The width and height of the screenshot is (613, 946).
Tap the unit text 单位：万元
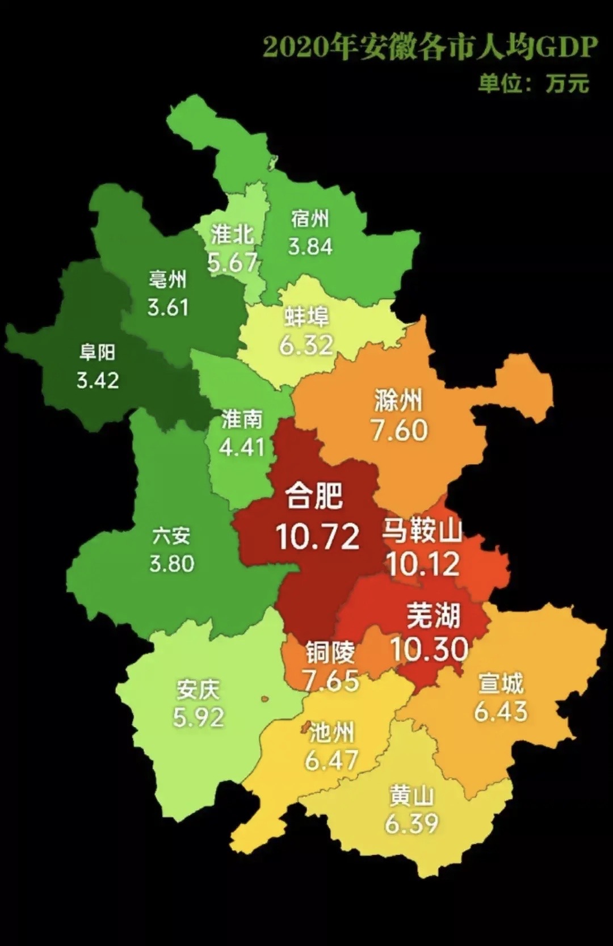[x=534, y=83]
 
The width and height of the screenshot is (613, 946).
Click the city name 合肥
[x=314, y=495]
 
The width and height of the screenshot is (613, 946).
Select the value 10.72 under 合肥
[x=318, y=537]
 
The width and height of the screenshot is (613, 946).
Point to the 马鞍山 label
[x=422, y=530]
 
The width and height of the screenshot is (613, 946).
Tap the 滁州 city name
[x=398, y=401]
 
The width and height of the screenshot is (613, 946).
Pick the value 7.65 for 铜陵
[x=331, y=680]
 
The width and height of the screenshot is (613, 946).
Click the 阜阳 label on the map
[x=98, y=353]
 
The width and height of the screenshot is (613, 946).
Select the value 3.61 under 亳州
[x=167, y=308]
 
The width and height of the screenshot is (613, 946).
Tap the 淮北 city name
[x=232, y=234]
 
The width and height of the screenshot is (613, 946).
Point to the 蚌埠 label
[x=306, y=317]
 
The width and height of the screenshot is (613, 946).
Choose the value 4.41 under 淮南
[x=242, y=448]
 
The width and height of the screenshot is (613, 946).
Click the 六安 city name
[x=171, y=536]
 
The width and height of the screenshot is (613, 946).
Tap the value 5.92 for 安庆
[x=199, y=718]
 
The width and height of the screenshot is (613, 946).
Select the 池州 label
[x=331, y=733]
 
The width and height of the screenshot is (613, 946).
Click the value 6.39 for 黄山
[x=412, y=823]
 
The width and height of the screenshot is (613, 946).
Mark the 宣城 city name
[x=501, y=683]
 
